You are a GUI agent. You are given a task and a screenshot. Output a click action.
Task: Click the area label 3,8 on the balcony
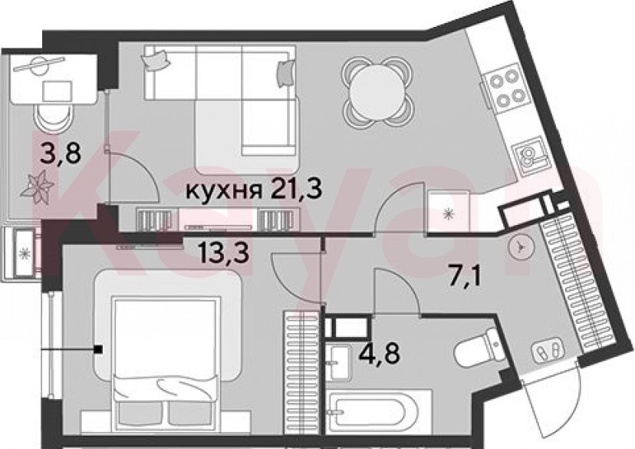[61, 154]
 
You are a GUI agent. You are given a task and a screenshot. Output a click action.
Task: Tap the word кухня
[222, 190]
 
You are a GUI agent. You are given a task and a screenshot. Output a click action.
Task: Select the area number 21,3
[295, 190]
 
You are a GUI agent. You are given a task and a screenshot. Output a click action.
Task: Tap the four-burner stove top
[505, 90]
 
